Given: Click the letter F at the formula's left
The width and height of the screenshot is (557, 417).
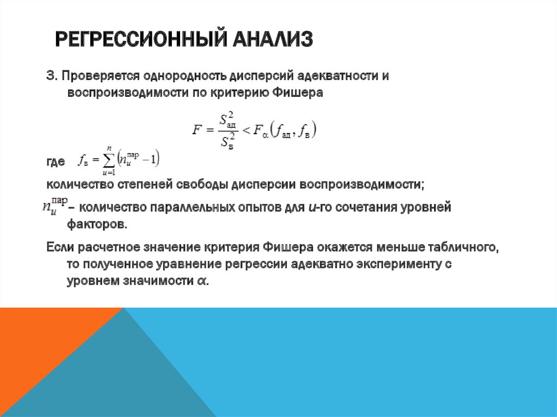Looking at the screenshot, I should (197, 130).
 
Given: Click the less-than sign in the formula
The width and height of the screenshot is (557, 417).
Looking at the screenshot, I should (246, 130).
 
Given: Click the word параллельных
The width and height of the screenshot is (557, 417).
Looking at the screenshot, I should (205, 207).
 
